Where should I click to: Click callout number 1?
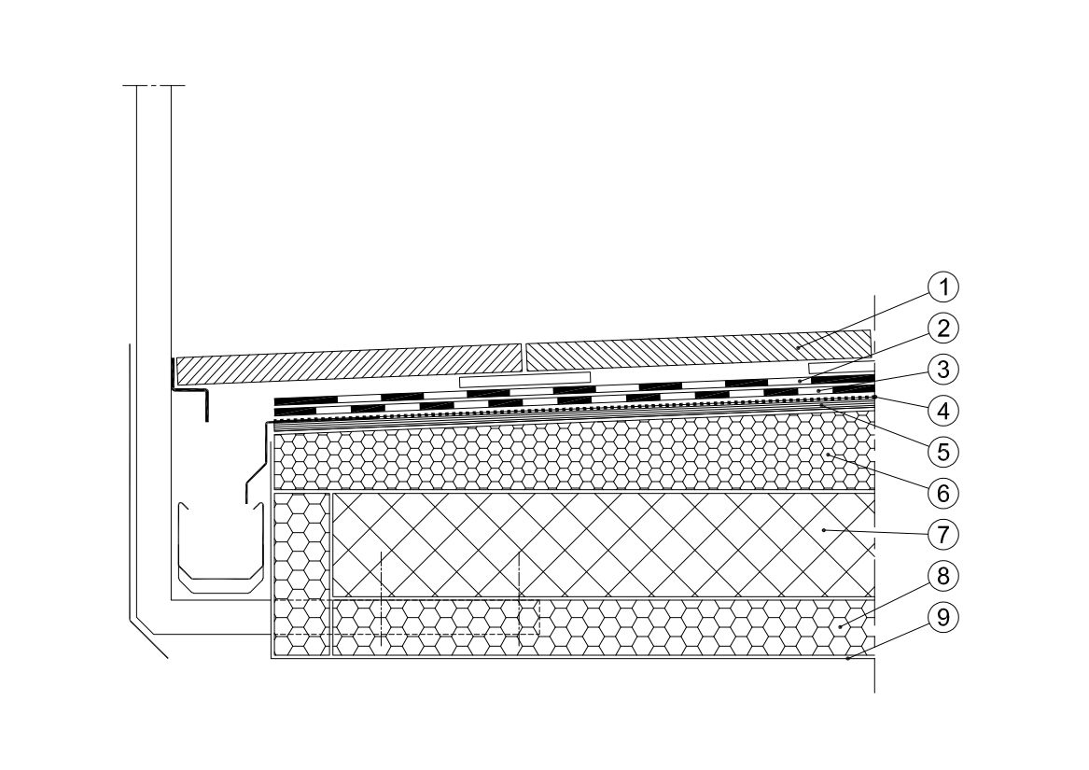click(942, 287)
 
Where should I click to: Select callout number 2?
click(942, 328)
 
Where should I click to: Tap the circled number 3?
click(942, 370)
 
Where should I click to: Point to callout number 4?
click(942, 411)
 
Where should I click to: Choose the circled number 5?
click(942, 453)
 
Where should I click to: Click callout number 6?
click(942, 494)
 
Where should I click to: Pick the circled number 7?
click(942, 535)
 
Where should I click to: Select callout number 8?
click(942, 576)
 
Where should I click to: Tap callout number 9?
click(942, 618)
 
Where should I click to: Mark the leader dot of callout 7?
click(824, 530)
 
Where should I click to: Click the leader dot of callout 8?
click(840, 627)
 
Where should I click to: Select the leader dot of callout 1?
click(797, 347)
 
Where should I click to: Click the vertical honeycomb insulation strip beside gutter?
click(301, 574)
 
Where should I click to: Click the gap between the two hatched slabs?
click(524, 357)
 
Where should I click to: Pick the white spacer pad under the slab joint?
click(525, 380)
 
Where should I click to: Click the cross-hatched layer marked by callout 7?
click(603, 545)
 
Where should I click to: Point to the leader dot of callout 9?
click(848, 657)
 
